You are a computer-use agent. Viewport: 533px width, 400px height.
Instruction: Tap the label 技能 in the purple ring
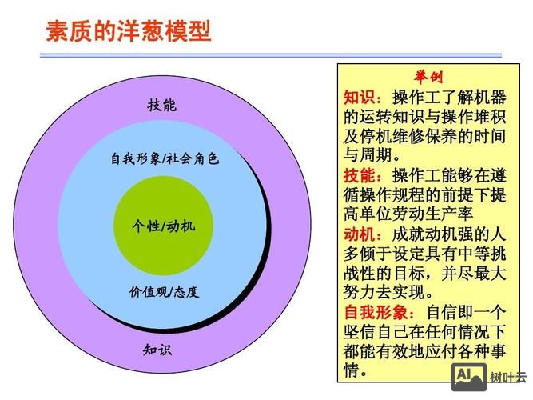162,105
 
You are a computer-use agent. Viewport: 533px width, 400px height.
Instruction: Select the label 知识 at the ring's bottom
157,350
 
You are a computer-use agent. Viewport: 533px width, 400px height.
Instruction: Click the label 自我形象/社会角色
165,158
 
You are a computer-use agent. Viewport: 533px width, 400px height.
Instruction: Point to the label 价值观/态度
164,291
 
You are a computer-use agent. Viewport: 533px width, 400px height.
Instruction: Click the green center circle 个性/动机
163,226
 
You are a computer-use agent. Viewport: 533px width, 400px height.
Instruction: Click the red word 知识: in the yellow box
367,98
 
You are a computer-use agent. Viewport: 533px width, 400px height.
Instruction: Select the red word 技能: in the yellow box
367,175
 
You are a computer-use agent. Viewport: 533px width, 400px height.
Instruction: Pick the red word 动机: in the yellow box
367,234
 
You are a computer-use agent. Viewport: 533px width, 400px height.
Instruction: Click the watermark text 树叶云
508,378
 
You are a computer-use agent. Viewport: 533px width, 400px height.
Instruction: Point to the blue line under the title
272,55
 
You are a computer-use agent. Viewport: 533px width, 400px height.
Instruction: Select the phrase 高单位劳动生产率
408,214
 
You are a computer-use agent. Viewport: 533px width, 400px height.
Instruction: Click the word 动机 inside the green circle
181,226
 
